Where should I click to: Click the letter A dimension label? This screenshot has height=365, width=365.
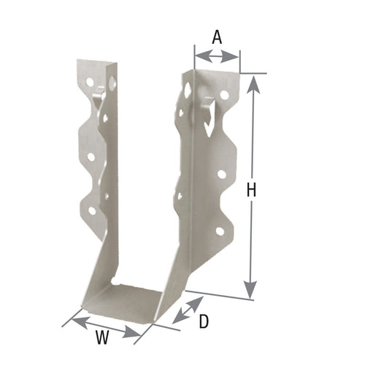click(217, 36)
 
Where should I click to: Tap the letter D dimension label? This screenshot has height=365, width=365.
click(204, 319)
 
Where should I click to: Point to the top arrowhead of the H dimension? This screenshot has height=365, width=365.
click(253, 81)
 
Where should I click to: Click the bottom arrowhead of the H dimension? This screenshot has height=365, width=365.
click(253, 292)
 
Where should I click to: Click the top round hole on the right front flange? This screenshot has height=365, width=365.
click(225, 95)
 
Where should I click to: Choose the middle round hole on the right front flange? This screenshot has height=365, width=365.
click(221, 174)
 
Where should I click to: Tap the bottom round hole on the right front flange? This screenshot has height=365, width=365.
click(219, 231)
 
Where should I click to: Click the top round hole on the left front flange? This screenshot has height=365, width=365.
click(91, 82)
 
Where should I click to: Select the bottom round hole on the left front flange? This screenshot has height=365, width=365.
click(92, 210)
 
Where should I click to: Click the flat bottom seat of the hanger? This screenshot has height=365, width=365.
click(131, 300)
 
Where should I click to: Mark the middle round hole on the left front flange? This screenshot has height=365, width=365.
click(91, 155)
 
